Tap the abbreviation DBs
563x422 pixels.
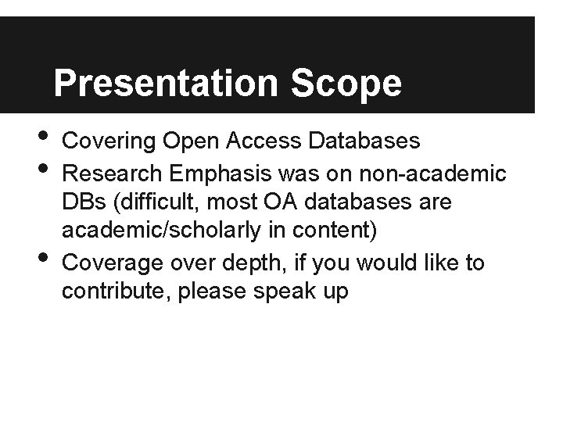83,203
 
